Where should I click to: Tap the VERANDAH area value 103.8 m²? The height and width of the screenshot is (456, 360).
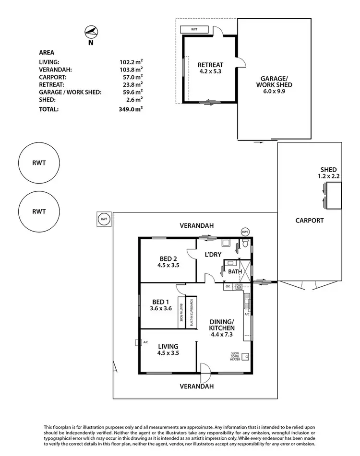tap(131, 69)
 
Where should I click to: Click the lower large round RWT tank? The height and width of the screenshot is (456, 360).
tap(39, 211)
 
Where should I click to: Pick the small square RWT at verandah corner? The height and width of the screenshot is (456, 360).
tap(103, 220)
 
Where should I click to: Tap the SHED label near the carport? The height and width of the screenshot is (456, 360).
tap(329, 170)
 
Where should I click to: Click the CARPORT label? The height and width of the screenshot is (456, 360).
tap(309, 221)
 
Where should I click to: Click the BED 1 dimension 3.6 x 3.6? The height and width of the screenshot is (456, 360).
tap(161, 308)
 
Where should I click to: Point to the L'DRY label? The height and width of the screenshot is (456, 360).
tap(213, 255)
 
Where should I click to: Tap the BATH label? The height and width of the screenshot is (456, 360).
tap(235, 271)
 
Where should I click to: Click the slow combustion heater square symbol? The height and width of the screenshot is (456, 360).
tap(245, 356)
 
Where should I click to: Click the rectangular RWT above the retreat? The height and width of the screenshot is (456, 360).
tap(194, 30)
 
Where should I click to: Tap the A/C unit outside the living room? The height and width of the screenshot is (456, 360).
tap(137, 342)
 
